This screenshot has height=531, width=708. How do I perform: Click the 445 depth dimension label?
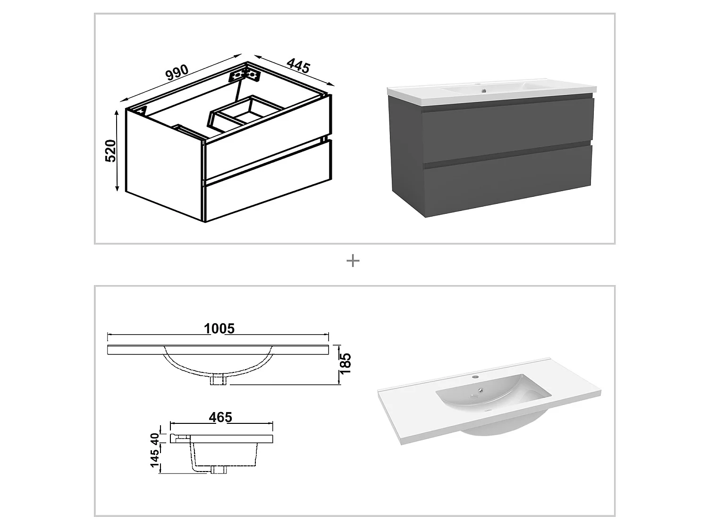pyautogui.click(x=298, y=66)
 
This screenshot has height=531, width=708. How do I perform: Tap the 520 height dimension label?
pyautogui.click(x=110, y=151)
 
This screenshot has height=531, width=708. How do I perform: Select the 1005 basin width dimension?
pyautogui.click(x=219, y=328)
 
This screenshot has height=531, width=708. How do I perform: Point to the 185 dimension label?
pyautogui.click(x=346, y=363)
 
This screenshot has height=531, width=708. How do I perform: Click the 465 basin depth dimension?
pyautogui.click(x=220, y=417)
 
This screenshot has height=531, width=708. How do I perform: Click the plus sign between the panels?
pyautogui.click(x=353, y=261)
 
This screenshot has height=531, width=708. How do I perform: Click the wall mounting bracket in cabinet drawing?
pyautogui.click(x=244, y=76)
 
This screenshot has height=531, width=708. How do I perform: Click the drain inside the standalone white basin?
pyautogui.click(x=480, y=390)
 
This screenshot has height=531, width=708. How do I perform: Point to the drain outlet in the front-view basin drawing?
pyautogui.click(x=219, y=380)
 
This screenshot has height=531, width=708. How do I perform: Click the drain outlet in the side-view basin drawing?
pyautogui.click(x=219, y=470)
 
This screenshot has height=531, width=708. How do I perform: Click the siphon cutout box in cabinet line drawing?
pyautogui.click(x=245, y=111)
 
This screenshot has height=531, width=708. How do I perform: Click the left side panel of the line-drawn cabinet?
pyautogui.click(x=163, y=160)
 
